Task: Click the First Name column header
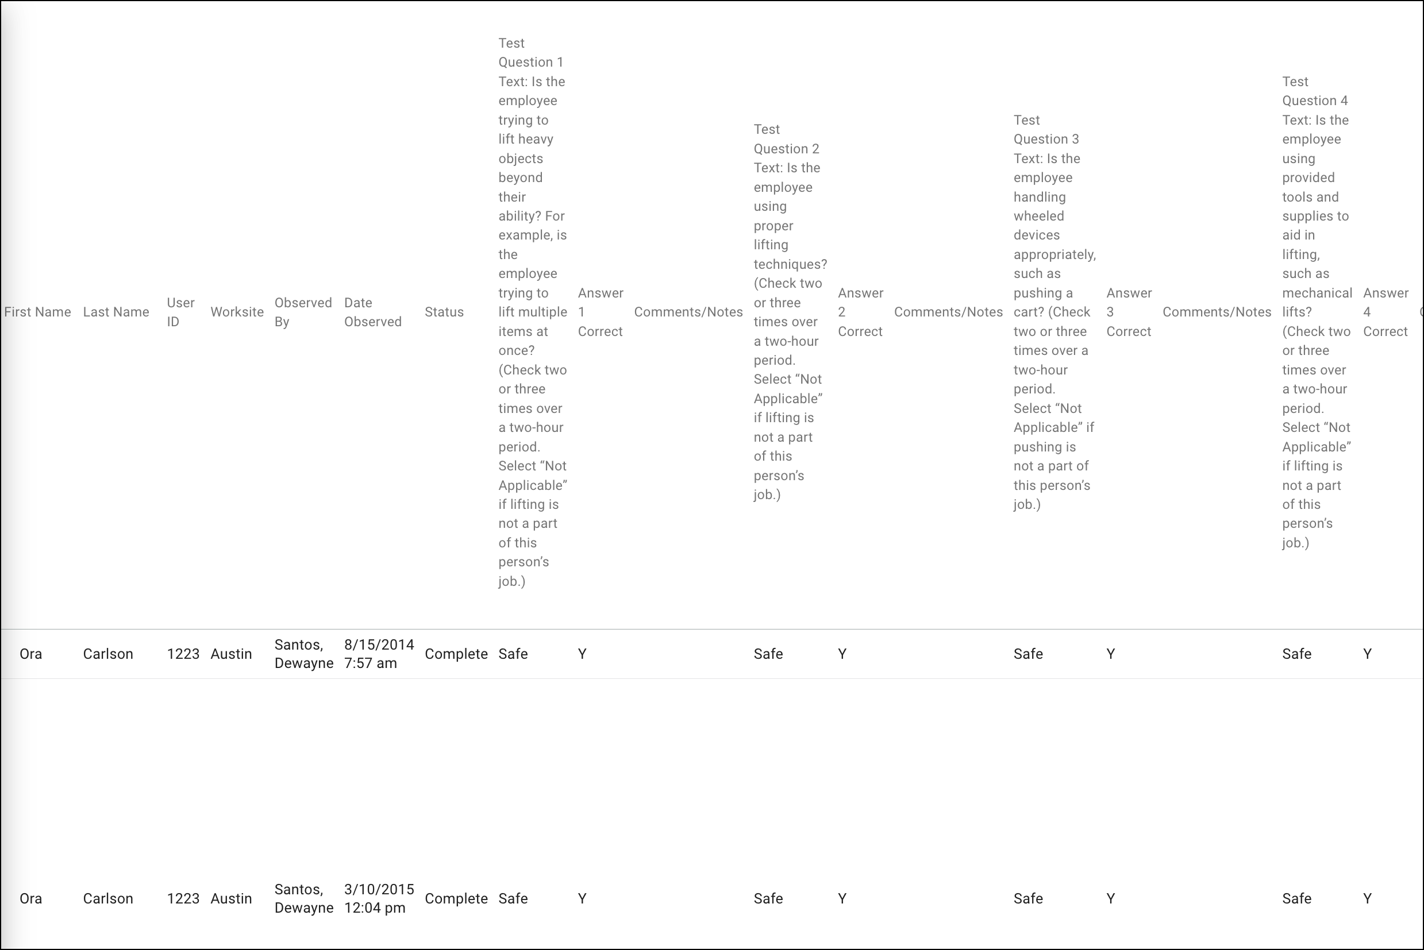tap(37, 312)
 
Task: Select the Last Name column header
tap(116, 312)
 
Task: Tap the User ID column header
tap(180, 312)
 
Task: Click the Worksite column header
tap(237, 312)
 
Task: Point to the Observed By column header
tap(303, 312)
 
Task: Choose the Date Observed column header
tap(373, 312)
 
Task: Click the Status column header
tap(444, 312)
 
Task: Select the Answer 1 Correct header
tap(600, 312)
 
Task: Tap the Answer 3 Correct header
tap(1129, 312)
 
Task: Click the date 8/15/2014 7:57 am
tap(379, 654)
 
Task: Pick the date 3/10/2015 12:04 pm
tap(379, 898)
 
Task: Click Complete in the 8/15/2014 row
tap(456, 654)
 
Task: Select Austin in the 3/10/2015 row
tap(231, 898)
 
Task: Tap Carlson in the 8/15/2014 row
tap(108, 654)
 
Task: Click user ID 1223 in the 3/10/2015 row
tap(183, 898)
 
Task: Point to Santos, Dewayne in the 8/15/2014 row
tap(304, 654)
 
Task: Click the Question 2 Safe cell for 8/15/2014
tap(768, 654)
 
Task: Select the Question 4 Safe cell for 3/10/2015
tap(1296, 898)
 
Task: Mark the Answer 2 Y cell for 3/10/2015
tap(842, 898)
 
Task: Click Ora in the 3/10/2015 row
tap(31, 898)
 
